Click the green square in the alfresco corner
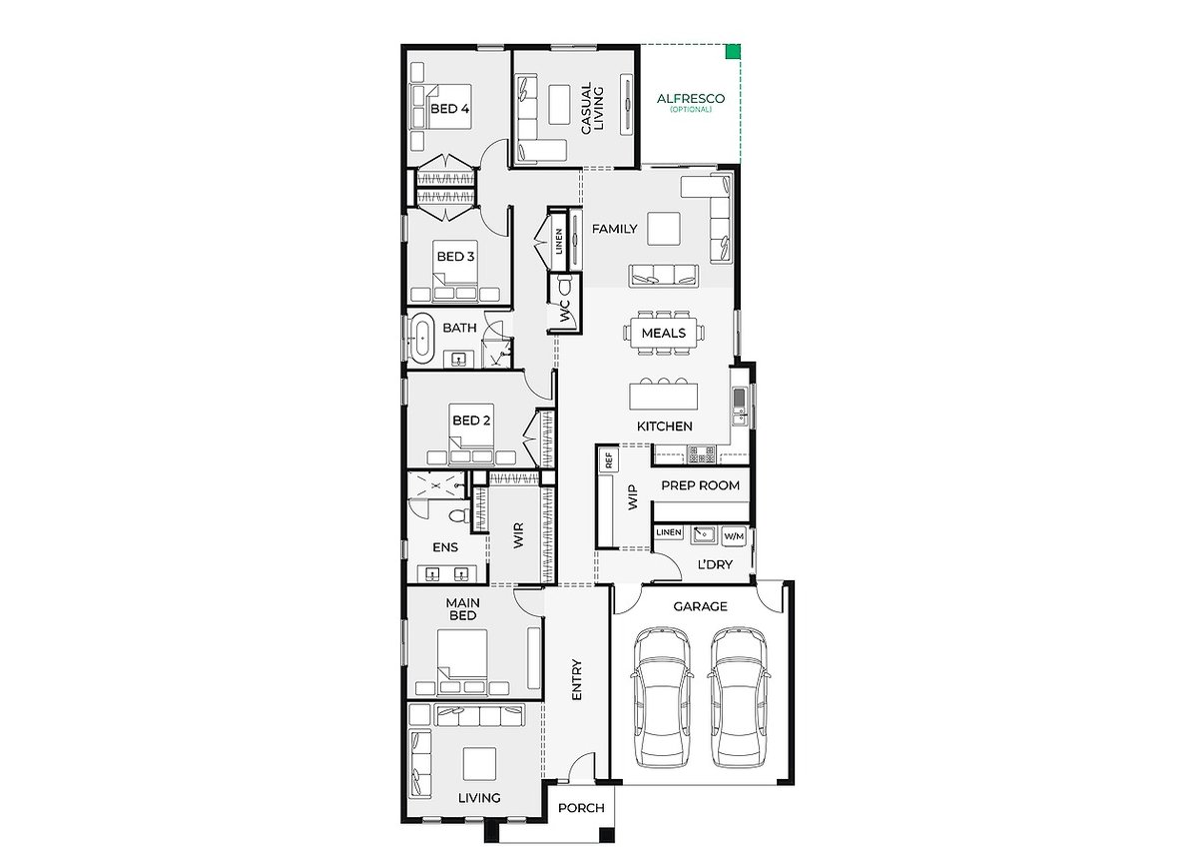pyautogui.click(x=733, y=51)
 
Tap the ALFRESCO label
pyautogui.click(x=691, y=99)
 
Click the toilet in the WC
pyautogui.click(x=564, y=287)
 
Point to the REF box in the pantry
pyautogui.click(x=608, y=459)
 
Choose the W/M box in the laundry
pyautogui.click(x=734, y=536)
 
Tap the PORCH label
pyautogui.click(x=581, y=807)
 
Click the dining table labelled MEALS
pyautogui.click(x=663, y=333)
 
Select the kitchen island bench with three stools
pyautogui.click(x=663, y=395)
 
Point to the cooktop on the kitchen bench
pyautogui.click(x=701, y=454)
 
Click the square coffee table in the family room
pyautogui.click(x=664, y=229)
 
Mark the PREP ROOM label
pyautogui.click(x=700, y=485)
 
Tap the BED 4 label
pyautogui.click(x=449, y=109)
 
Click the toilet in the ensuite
pyautogui.click(x=459, y=515)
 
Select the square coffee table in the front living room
pyautogui.click(x=479, y=763)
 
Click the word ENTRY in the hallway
pyautogui.click(x=576, y=679)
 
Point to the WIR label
pyautogui.click(x=518, y=535)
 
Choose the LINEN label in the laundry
pyautogui.click(x=669, y=532)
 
